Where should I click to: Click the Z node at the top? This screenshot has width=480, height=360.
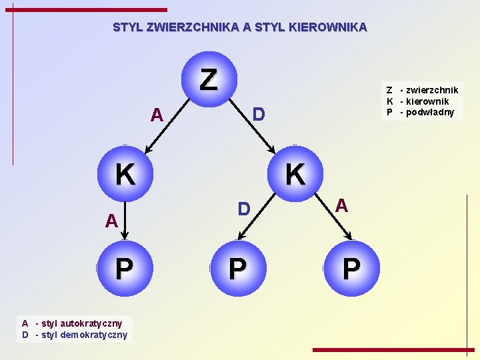[208, 79]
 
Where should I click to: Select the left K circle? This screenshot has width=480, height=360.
[125, 174]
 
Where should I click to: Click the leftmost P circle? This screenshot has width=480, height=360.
[124, 269]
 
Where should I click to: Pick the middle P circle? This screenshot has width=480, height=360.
[237, 269]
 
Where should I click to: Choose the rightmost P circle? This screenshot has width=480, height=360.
[351, 269]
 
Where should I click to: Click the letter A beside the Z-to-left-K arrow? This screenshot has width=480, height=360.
[157, 115]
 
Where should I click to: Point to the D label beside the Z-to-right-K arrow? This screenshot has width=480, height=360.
[259, 115]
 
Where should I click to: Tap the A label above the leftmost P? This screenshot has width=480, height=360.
[111, 221]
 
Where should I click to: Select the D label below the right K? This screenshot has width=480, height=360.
[245, 209]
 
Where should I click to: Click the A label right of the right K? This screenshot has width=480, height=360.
[341, 205]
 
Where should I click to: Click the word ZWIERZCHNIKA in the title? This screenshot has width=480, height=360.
[192, 27]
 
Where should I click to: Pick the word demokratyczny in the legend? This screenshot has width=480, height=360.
[94, 335]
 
